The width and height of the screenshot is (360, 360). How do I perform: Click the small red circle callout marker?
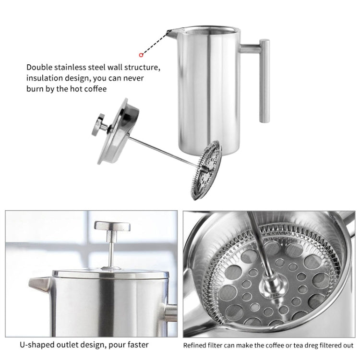click(141, 55)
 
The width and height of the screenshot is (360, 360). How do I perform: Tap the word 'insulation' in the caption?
click(45, 78)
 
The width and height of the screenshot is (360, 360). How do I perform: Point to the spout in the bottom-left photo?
click(39, 284)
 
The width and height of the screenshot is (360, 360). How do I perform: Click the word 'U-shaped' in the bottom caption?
click(36, 345)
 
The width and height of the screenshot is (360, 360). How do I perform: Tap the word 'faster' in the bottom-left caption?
click(136, 345)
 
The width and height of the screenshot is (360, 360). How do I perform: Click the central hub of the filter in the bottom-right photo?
click(267, 288)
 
